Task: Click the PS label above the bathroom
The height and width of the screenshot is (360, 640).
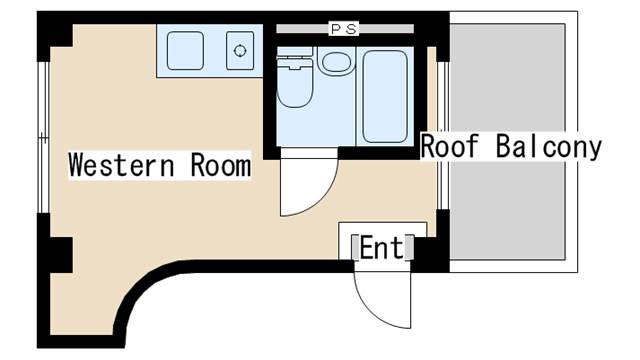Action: click(x=344, y=30)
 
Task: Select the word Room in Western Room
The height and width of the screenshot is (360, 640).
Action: click(x=220, y=165)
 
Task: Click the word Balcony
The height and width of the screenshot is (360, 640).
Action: click(x=549, y=146)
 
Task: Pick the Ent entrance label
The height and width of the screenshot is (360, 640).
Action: click(x=381, y=246)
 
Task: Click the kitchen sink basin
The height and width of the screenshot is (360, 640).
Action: click(x=186, y=51)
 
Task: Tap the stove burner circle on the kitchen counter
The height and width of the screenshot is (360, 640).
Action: click(x=240, y=51)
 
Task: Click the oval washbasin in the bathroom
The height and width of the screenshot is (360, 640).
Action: click(x=335, y=62)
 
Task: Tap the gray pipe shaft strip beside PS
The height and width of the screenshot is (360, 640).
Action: click(x=300, y=30)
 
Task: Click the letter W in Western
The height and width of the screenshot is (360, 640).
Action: click(x=78, y=165)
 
